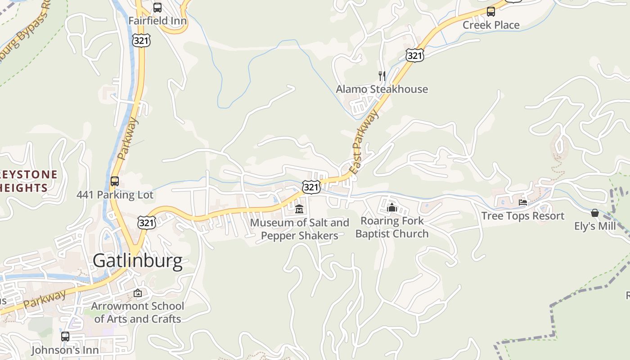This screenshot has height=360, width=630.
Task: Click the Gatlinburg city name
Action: coord(138,261)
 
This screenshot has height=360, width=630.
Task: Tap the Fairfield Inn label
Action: coord(157,21)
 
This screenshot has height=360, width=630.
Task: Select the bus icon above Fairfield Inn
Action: coord(157,8)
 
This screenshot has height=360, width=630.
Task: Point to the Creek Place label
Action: coord(491,25)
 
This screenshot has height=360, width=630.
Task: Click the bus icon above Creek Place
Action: coord(491,12)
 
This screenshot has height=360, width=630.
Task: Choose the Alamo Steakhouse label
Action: coord(382,89)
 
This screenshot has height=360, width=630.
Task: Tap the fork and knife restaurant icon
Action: coord(382,76)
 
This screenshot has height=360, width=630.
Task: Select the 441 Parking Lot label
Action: coord(115,195)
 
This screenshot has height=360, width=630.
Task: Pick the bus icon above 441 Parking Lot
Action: coord(115,181)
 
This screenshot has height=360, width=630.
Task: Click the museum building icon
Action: coord(299,209)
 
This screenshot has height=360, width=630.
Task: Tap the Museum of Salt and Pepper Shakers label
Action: coord(299,229)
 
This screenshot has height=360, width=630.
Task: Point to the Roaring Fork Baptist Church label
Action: coord(392,227)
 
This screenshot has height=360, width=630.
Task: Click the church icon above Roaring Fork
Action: coord(392,207)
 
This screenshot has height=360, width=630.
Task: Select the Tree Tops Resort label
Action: coord(522,216)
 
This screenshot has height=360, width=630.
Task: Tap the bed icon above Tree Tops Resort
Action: coord(523,202)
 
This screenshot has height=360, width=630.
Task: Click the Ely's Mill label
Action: coord(595,226)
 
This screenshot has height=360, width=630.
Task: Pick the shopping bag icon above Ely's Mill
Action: coord(595,213)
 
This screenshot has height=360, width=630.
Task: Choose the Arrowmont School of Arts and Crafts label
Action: coord(138,312)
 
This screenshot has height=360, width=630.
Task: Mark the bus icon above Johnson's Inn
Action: coord(65,336)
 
